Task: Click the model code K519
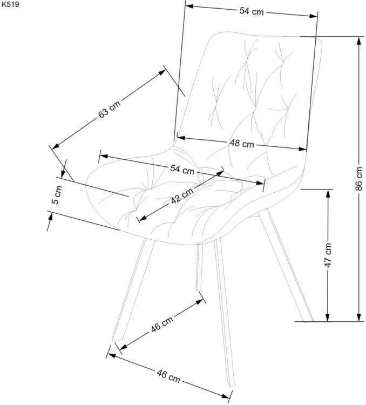(x=11, y=4)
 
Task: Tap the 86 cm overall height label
(x=359, y=179)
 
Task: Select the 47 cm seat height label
(x=328, y=255)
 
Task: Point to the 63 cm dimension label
(x=109, y=109)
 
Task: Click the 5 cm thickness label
(x=57, y=195)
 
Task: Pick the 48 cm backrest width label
(x=242, y=143)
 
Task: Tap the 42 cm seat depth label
(x=182, y=195)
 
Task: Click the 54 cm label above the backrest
(x=252, y=12)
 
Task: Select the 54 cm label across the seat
(x=182, y=170)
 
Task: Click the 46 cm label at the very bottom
(x=168, y=376)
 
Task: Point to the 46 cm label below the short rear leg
(x=162, y=323)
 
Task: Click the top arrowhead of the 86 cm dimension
(x=359, y=41)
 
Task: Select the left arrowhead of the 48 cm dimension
(x=181, y=138)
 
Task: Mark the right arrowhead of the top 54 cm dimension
(x=313, y=16)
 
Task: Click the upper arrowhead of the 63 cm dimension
(x=162, y=72)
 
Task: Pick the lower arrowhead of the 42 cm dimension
(x=144, y=218)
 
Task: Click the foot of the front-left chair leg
(x=118, y=339)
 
